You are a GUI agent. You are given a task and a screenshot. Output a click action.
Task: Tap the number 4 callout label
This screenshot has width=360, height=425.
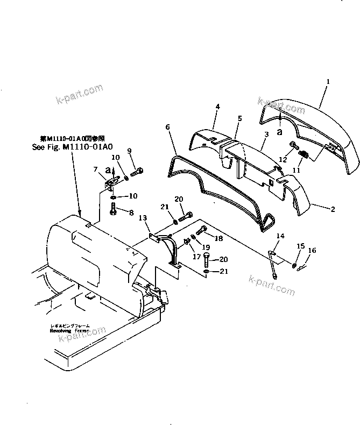pos(217,108)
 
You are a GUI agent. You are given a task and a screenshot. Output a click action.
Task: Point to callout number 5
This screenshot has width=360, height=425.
pos(239,118)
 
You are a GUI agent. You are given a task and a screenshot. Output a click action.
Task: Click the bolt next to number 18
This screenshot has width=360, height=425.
pos(201,232)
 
